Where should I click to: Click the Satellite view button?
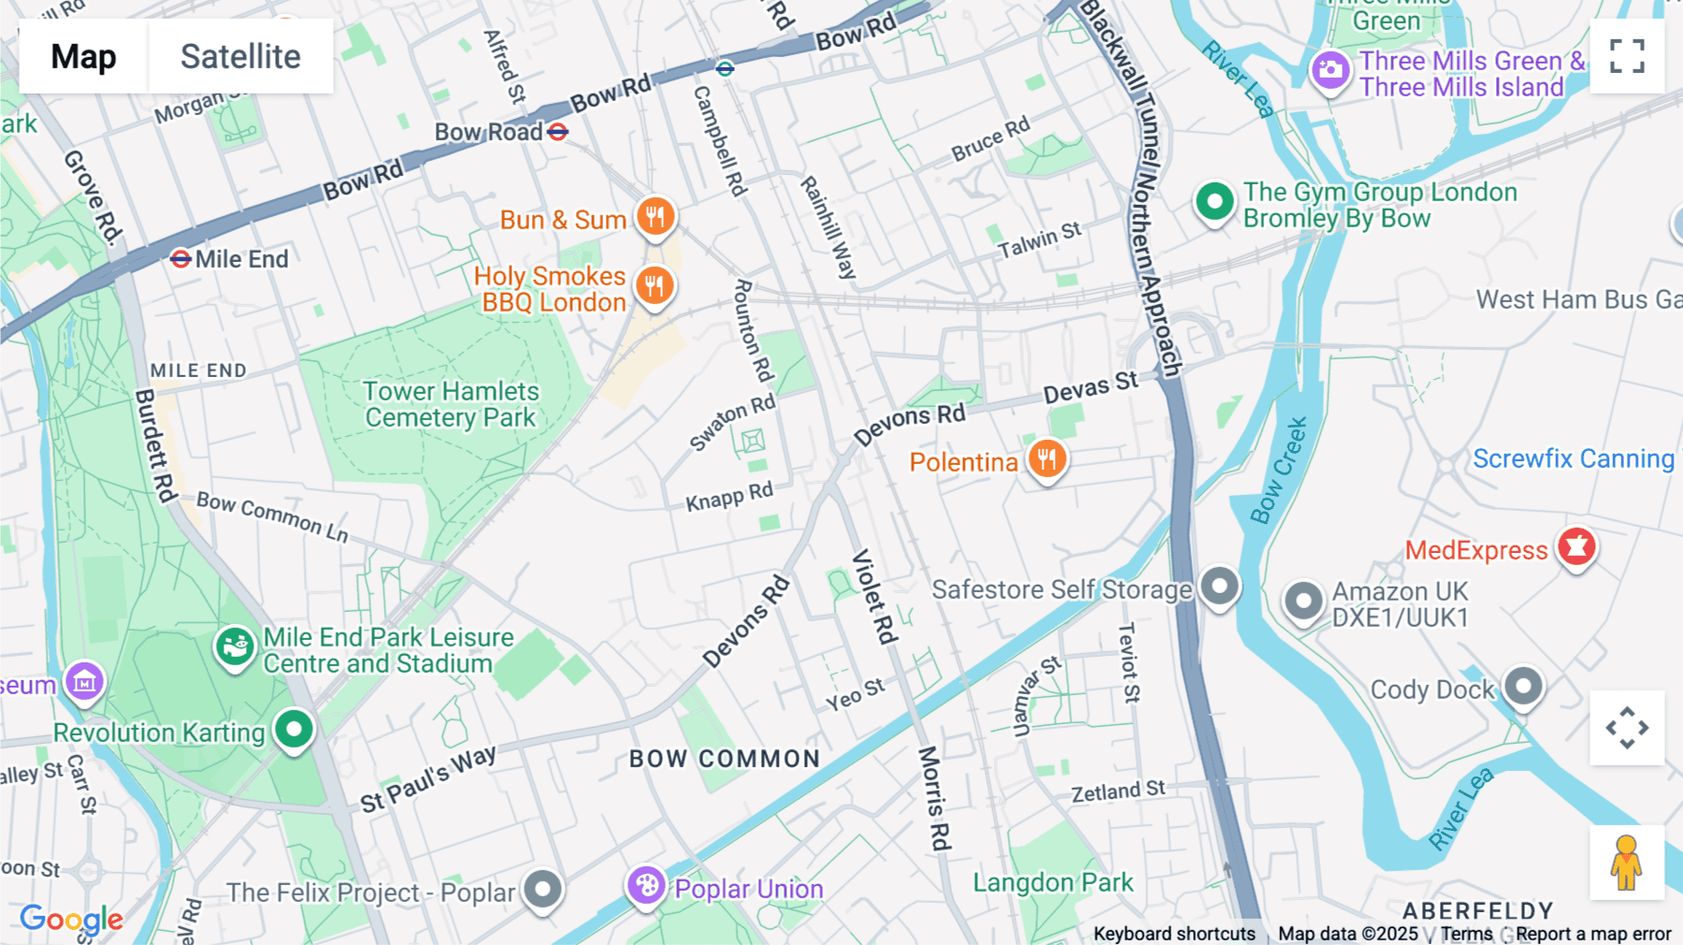(x=240, y=56)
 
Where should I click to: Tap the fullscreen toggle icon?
(x=1627, y=56)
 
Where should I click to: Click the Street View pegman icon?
(x=1626, y=863)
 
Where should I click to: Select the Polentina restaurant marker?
(x=1047, y=459)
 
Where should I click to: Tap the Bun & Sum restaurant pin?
(x=655, y=217)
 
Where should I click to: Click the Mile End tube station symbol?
(x=181, y=258)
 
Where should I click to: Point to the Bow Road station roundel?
(x=558, y=132)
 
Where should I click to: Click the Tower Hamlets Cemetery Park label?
(x=451, y=404)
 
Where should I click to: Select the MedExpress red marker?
(x=1576, y=546)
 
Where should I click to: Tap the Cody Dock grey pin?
(x=1523, y=687)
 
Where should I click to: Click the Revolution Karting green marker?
(x=294, y=729)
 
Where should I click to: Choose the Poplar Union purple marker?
(x=646, y=885)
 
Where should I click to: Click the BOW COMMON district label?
(x=725, y=759)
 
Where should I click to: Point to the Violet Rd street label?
(x=875, y=596)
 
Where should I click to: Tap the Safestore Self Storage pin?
(x=1219, y=587)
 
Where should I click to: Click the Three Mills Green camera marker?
(x=1330, y=70)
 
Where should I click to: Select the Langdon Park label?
(x=1053, y=882)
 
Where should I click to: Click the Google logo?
(x=71, y=919)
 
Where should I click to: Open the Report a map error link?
(x=1593, y=934)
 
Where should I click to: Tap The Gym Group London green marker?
(x=1215, y=202)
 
